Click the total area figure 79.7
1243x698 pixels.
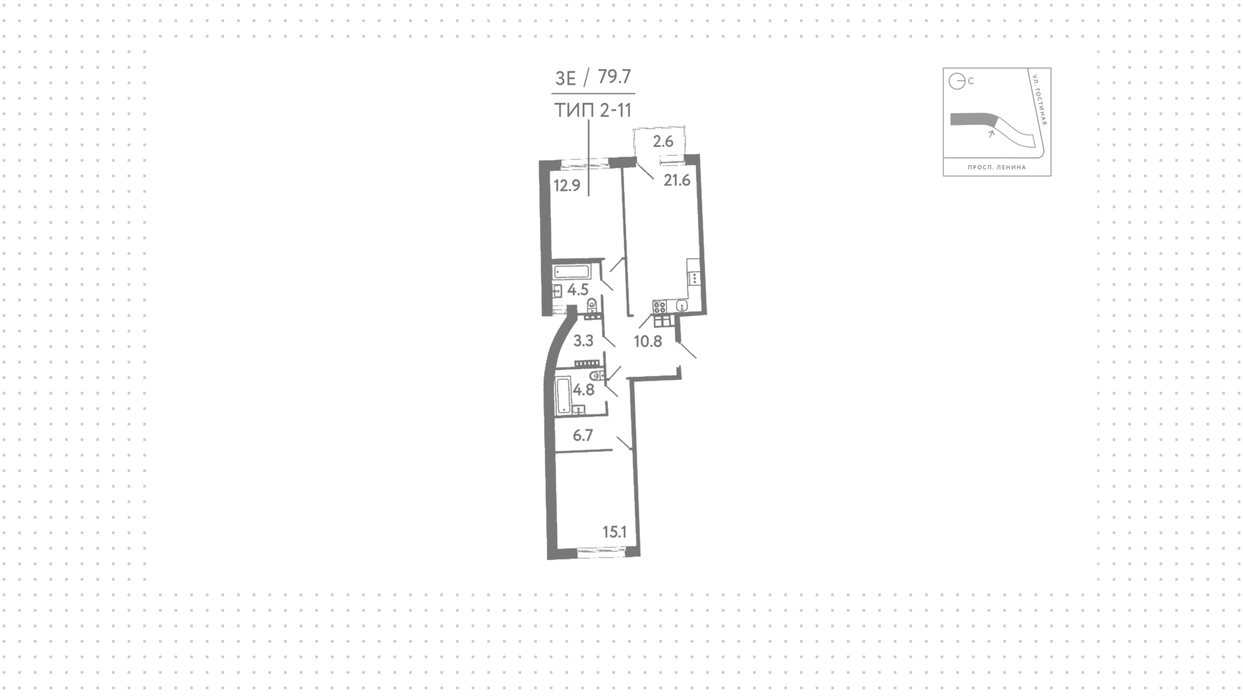pos(614,77)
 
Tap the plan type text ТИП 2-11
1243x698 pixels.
pos(593,111)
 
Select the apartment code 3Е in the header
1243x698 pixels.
pos(566,78)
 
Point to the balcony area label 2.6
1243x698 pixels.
pos(664,141)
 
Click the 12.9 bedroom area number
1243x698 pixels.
pos(567,186)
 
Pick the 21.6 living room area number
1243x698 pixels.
pos(677,181)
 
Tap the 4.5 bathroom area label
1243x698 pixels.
pos(577,289)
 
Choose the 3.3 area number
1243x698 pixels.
pos(584,341)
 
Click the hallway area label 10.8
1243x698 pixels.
pos(648,341)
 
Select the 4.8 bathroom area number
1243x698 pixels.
pos(584,390)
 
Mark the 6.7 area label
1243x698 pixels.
pos(583,436)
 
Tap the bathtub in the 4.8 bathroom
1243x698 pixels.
pos(563,396)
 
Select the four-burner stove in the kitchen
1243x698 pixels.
pos(660,307)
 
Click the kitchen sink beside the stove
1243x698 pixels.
pos(681,306)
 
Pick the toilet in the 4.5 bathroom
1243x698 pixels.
pos(592,305)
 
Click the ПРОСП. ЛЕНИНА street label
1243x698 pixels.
pos(997,167)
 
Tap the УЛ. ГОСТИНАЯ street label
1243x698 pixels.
pos(1040,100)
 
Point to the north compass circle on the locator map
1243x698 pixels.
pos(957,82)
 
